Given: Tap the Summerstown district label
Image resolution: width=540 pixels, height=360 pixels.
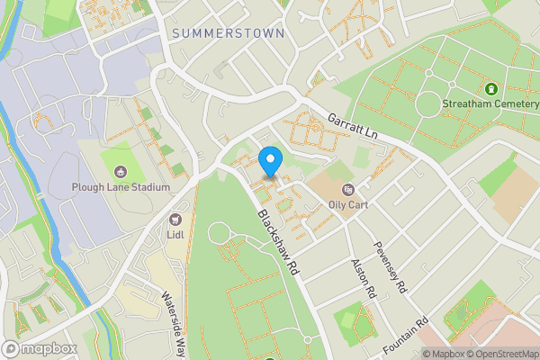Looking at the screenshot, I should click(x=227, y=33).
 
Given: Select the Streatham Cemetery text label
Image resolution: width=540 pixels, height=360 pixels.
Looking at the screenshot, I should click(x=490, y=104).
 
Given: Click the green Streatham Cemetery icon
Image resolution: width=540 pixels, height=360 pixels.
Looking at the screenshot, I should click(x=490, y=89).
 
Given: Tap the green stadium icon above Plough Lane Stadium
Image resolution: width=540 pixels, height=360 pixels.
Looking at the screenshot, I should click(x=120, y=171).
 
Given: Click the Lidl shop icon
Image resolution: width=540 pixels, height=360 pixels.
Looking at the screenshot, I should click(x=175, y=219).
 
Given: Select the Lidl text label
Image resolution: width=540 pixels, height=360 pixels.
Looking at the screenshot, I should click(x=175, y=234).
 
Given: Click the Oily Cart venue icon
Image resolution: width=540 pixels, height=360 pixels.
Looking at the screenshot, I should click(x=348, y=189).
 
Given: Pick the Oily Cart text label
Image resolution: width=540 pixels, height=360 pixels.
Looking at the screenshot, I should click(x=348, y=204).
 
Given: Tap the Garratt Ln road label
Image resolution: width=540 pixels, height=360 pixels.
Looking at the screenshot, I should click(x=352, y=125).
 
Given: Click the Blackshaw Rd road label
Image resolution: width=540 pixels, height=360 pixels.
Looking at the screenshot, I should click(x=277, y=243).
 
